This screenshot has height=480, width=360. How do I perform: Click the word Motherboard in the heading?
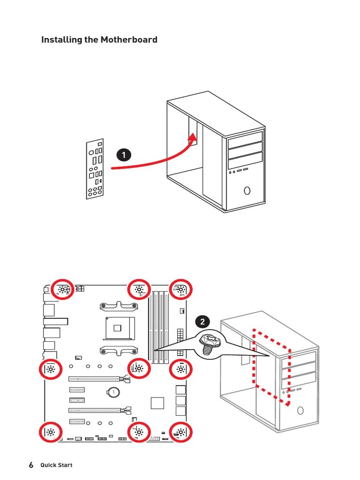pyautogui.click(x=129, y=40)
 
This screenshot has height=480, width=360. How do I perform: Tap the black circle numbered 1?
pyautogui.click(x=124, y=155)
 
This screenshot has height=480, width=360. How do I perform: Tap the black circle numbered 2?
pyautogui.click(x=202, y=322)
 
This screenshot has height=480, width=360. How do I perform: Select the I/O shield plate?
pyautogui.click(x=95, y=169)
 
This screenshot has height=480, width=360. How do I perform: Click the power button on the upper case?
pyautogui.click(x=247, y=191)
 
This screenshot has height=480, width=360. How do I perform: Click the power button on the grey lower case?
pyautogui.click(x=300, y=411)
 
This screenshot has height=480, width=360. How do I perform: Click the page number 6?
pyautogui.click(x=31, y=465)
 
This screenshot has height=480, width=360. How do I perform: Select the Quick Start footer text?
pyautogui.click(x=56, y=465)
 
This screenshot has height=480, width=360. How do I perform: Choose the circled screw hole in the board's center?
pyautogui.click(x=139, y=369)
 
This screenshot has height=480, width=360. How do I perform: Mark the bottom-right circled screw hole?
pyautogui.click(x=181, y=433)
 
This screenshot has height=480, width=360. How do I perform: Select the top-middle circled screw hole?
pyautogui.click(x=139, y=290)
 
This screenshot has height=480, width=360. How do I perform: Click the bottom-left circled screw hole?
pyautogui.click(x=51, y=433)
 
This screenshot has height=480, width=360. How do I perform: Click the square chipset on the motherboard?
pyautogui.click(x=158, y=403)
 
